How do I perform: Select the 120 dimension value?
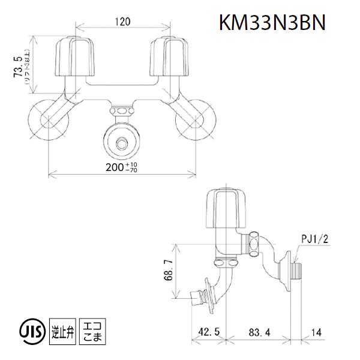point(124,22)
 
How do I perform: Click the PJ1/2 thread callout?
point(314,239)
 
